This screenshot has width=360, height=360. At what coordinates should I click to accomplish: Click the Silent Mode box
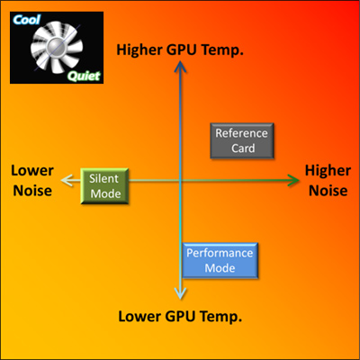click(x=104, y=186)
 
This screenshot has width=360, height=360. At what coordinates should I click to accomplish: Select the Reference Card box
click(x=242, y=140)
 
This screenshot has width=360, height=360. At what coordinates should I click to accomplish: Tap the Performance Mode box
click(x=220, y=261)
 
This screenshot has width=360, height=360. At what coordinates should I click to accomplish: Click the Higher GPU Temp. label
click(x=180, y=50)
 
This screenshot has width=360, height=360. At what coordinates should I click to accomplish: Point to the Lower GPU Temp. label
click(x=180, y=317)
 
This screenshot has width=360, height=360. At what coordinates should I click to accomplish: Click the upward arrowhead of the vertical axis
click(x=180, y=67)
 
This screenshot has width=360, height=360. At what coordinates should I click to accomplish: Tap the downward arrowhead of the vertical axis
click(x=180, y=292)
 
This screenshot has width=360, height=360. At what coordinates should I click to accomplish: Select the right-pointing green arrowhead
click(x=293, y=180)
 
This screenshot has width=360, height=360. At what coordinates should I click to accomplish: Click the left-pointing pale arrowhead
click(x=67, y=180)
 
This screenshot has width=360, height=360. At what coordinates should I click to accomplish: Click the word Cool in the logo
click(x=26, y=20)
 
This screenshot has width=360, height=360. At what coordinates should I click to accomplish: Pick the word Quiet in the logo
click(x=84, y=76)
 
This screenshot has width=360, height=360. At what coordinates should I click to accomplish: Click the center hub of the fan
click(x=56, y=46)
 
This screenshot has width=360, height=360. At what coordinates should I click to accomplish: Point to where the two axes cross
click(x=180, y=180)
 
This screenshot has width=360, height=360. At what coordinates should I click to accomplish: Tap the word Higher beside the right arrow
click(x=328, y=171)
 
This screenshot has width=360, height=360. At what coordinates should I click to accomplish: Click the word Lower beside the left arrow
click(x=32, y=171)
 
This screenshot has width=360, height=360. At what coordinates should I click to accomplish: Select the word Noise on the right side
click(x=328, y=191)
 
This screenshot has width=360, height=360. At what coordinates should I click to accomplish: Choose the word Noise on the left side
click(x=32, y=191)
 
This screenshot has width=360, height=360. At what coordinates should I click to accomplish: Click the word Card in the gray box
click(x=243, y=148)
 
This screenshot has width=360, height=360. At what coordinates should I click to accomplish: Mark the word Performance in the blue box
click(x=220, y=253)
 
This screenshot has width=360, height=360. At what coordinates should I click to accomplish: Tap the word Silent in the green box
click(x=103, y=178)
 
